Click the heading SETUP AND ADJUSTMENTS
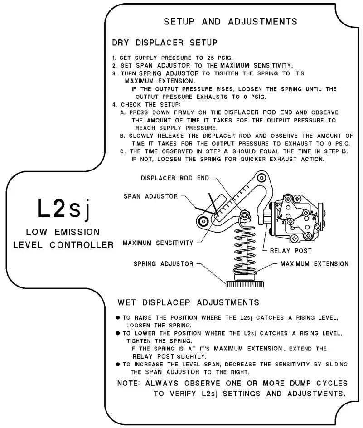[x=230, y=21]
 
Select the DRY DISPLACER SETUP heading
[x=165, y=43]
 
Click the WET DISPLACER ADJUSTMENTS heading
[x=188, y=302]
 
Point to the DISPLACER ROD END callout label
[x=175, y=178]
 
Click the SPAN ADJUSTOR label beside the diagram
[x=151, y=196]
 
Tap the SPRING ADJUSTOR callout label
[x=164, y=263]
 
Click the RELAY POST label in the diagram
[x=290, y=250]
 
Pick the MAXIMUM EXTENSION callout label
[x=315, y=263]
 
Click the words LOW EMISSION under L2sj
[x=63, y=232]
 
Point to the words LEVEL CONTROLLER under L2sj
[x=63, y=245]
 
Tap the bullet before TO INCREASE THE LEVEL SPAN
[x=118, y=364]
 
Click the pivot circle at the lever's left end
[x=203, y=221]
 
